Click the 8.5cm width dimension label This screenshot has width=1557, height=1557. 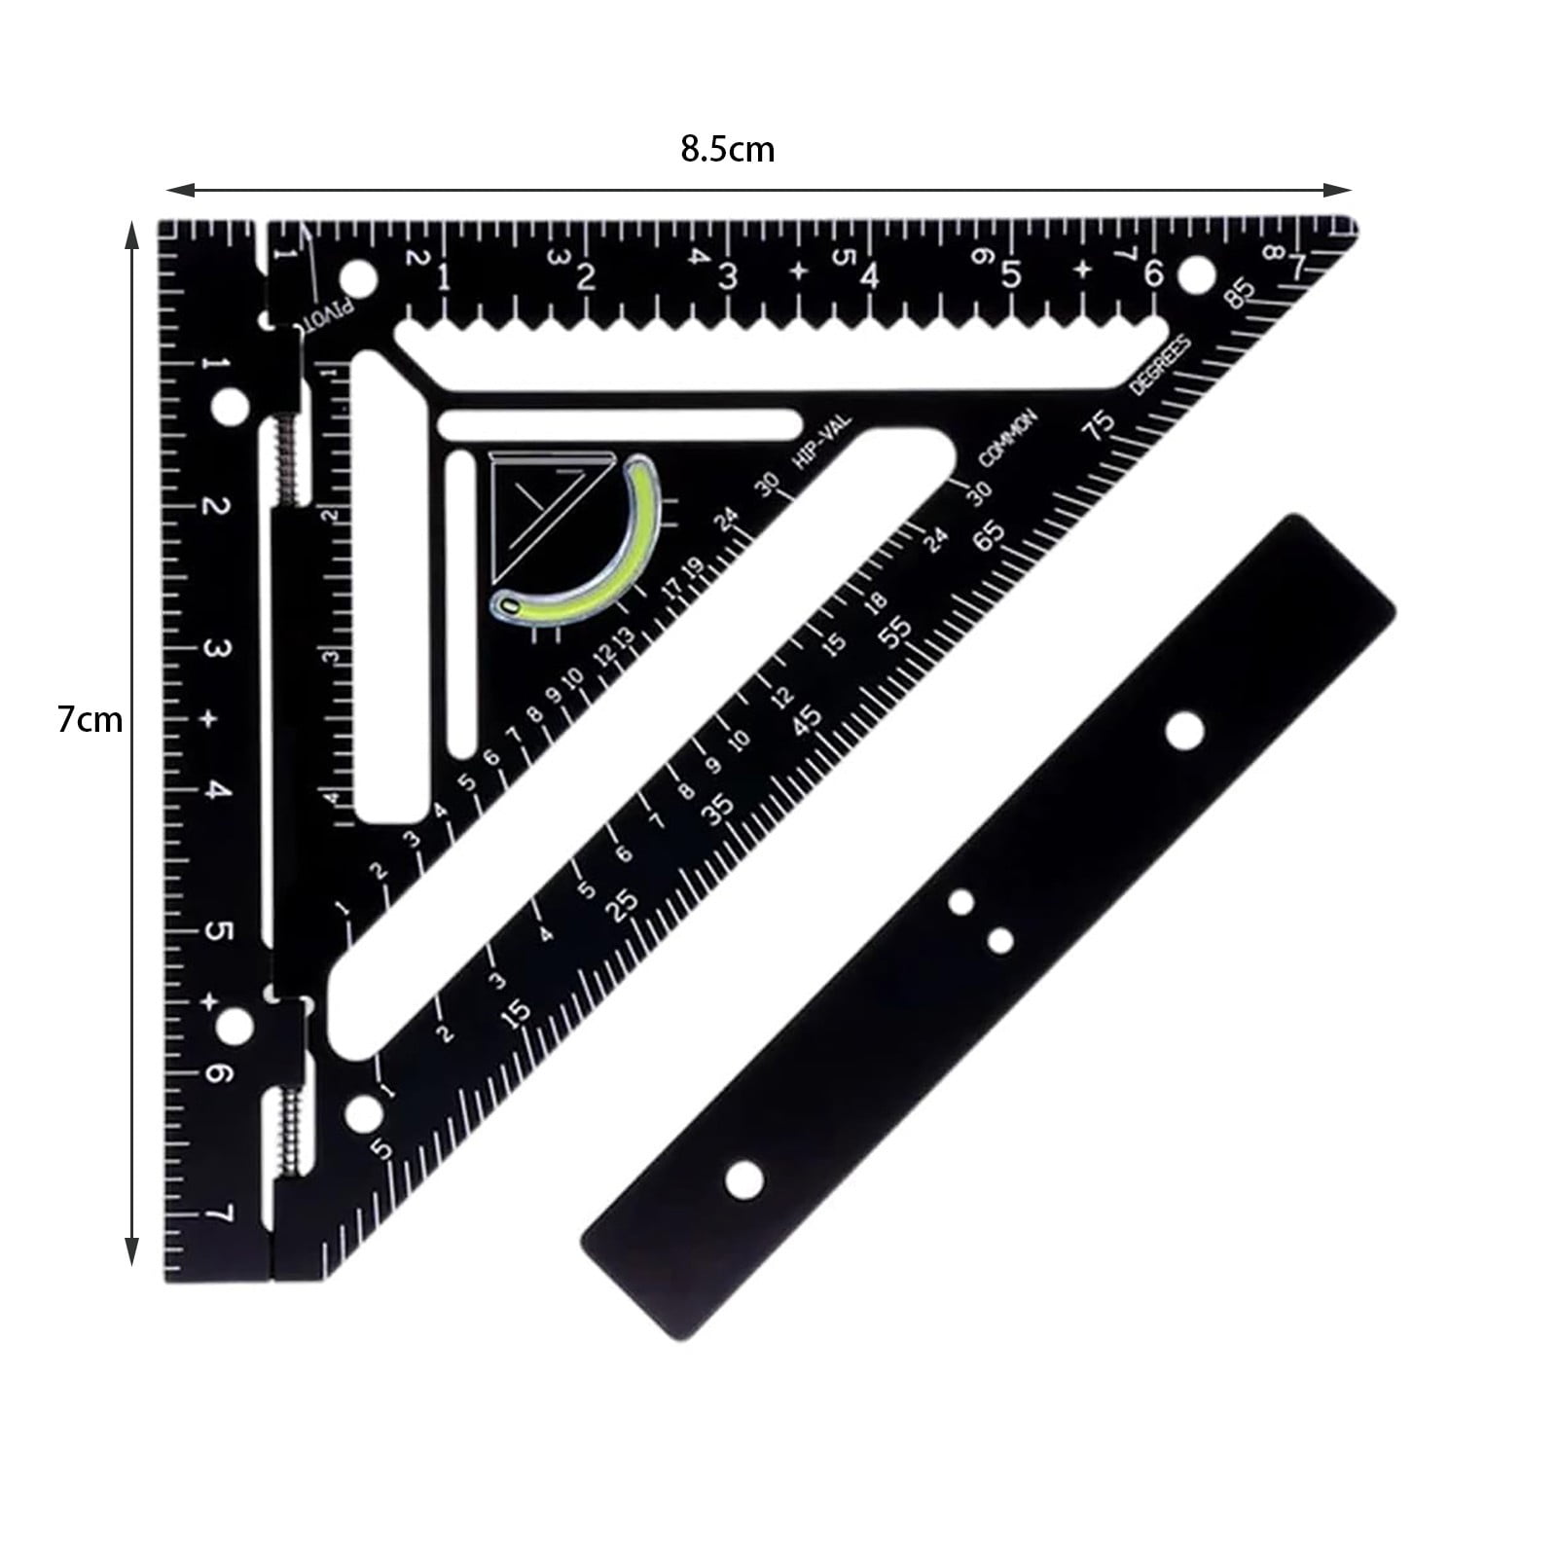point(727,150)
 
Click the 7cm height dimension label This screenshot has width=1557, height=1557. point(90,720)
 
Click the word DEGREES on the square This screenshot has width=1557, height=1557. point(1160,365)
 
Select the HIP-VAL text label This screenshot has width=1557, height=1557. point(823,443)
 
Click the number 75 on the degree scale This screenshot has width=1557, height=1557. point(1102,424)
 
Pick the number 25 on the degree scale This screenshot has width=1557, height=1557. point(623,902)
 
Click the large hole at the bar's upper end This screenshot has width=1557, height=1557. point(1183,731)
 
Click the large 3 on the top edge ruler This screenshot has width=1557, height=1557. point(727,276)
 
